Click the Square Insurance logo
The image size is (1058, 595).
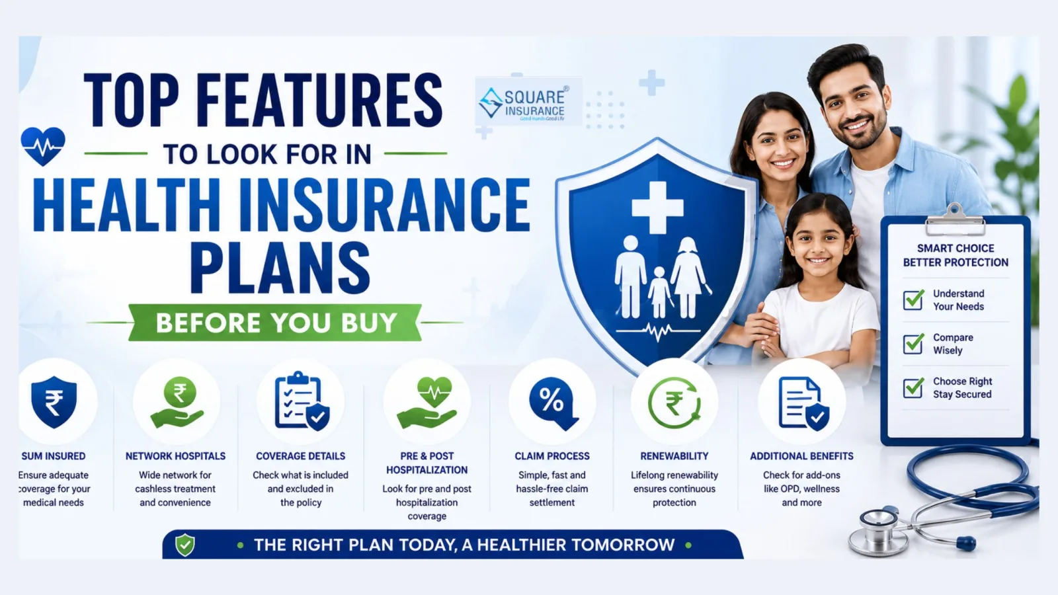click(528, 102)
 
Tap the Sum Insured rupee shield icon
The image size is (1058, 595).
click(54, 402)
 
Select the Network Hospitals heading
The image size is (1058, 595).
click(175, 456)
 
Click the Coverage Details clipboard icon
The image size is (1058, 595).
click(302, 401)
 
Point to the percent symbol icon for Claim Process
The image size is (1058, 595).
click(553, 403)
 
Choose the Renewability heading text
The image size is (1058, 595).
click(674, 456)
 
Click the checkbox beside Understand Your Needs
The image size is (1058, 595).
click(913, 300)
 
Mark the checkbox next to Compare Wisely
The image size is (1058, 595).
click(913, 343)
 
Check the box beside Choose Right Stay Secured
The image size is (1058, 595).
click(913, 387)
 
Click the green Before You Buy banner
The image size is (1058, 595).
click(275, 323)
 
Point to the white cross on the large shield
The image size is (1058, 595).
click(657, 208)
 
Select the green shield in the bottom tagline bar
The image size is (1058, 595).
click(184, 545)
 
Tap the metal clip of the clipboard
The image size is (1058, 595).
click(955, 220)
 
